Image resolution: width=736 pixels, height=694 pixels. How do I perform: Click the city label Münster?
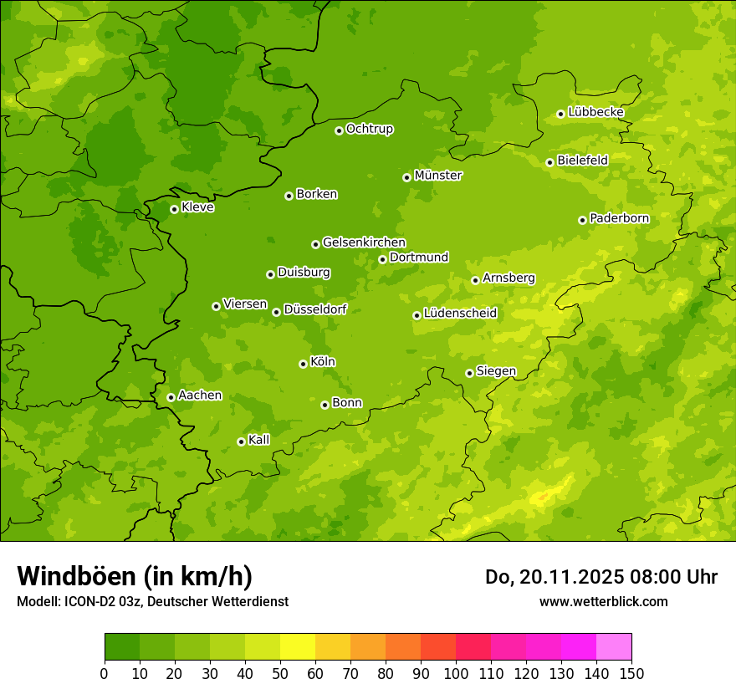coord(438,176)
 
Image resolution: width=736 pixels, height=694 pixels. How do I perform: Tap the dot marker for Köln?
coord(303,364)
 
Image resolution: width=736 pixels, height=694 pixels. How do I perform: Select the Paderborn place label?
coord(620,218)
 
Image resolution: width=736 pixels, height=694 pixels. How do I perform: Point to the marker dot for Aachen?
coord(171,397)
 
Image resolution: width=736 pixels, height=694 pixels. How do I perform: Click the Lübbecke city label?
coord(596,112)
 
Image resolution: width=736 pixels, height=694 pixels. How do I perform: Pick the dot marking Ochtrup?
coord(339,130)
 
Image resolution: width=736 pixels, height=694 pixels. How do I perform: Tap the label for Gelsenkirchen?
coord(364,242)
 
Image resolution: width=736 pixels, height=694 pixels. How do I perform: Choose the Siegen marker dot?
coord(469,373)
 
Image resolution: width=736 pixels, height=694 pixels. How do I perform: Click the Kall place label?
coord(259,440)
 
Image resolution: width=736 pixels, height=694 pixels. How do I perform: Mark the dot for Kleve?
coord(174,209)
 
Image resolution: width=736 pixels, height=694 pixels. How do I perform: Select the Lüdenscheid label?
coord(461,314)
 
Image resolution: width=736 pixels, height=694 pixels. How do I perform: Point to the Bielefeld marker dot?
coord(549,162)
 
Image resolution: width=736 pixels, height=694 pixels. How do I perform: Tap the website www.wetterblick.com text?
coord(603,601)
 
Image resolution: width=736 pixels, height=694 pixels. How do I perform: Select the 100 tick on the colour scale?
coord(456,673)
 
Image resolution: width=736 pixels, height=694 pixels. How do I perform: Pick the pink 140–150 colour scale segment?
coord(614,647)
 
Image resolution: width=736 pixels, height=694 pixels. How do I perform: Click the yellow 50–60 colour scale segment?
coord(298,647)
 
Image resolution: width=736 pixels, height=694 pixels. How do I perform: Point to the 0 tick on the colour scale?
coord(105,673)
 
